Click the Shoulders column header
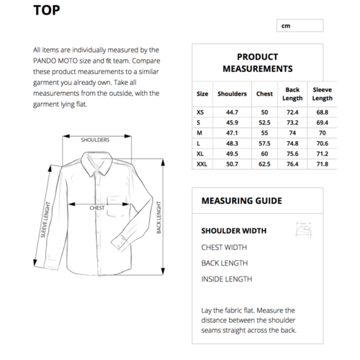[x=232, y=94]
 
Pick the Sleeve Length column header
[x=322, y=94]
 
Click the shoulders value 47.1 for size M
[x=232, y=133]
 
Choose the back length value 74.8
[x=292, y=143]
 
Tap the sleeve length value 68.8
[x=322, y=112]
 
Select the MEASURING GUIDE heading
[x=241, y=201]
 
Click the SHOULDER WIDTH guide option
[x=234, y=231]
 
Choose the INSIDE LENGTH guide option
[x=226, y=279]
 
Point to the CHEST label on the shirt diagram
[x=97, y=207]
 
